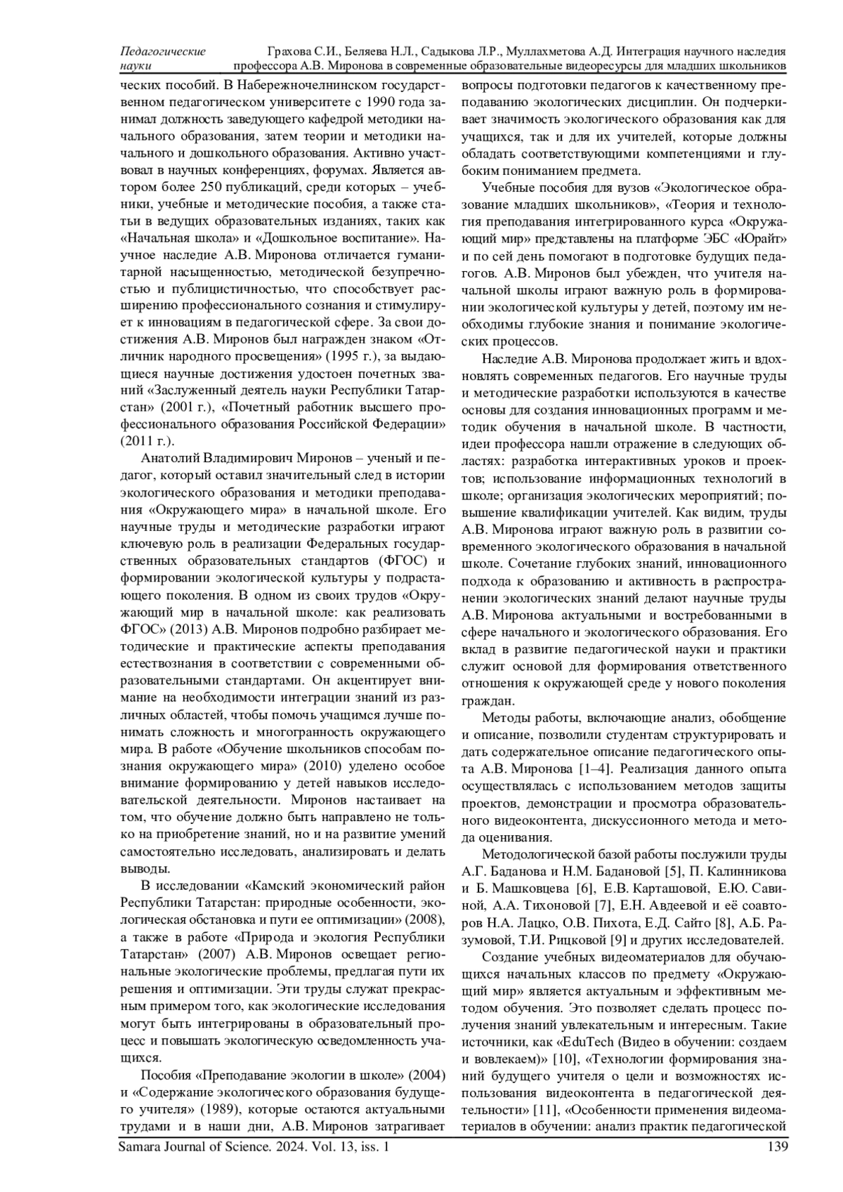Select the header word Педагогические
163,51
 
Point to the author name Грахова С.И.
303,51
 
